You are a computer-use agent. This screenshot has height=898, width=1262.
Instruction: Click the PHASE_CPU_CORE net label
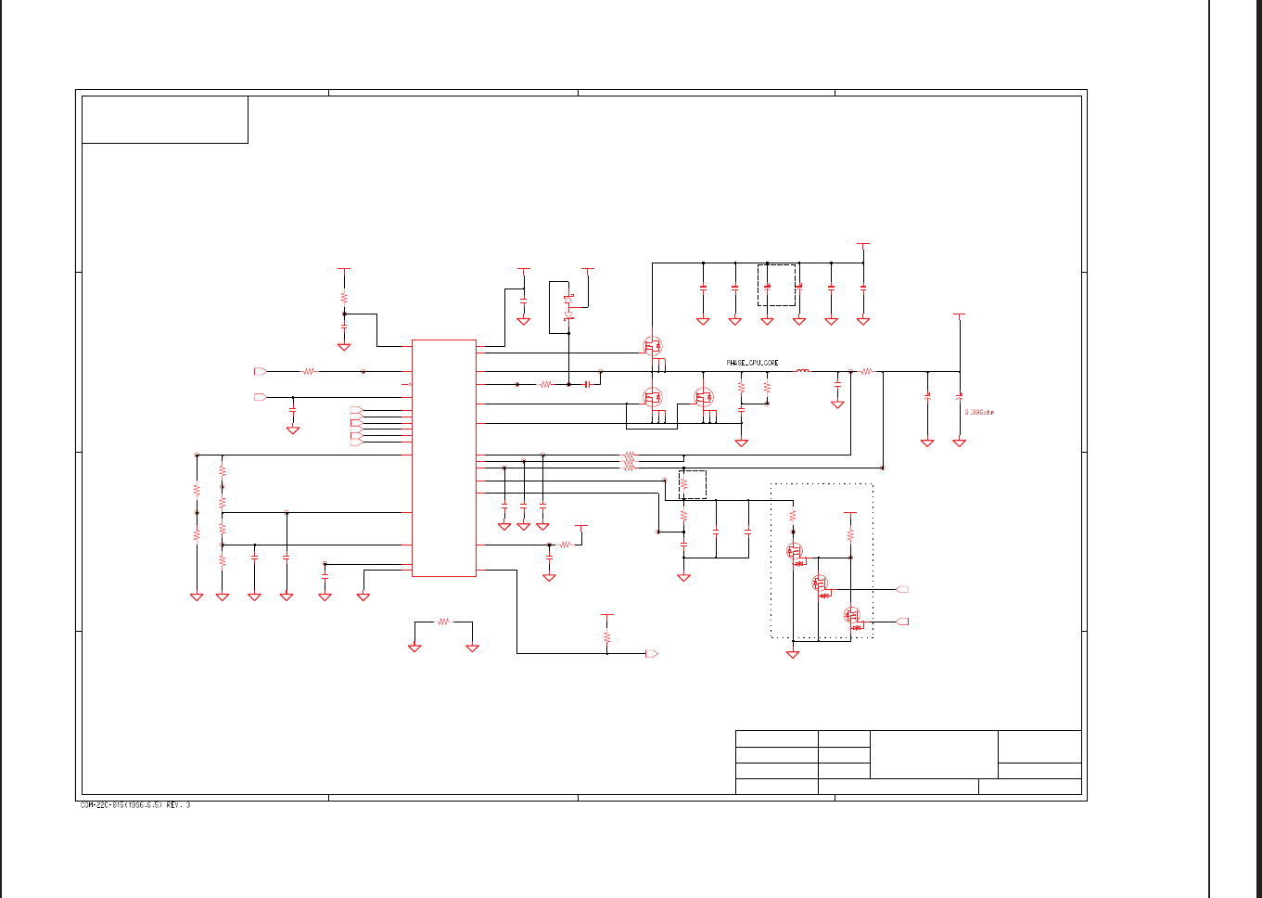coord(752,363)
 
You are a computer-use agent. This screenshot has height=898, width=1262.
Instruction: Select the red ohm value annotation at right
coord(979,412)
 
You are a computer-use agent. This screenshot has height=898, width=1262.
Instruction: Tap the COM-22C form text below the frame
coord(135,805)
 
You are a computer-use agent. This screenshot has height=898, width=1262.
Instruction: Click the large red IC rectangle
coord(444,457)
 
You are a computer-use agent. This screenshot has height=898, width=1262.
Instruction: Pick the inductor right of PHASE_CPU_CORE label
coord(802,371)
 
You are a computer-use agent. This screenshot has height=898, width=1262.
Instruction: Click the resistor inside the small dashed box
coord(684,484)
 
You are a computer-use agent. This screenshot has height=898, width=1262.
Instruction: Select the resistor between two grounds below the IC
coord(443,622)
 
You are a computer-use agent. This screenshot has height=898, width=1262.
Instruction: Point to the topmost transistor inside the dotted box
coord(795,552)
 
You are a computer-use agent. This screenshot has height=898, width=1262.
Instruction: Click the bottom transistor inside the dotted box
coord(852,615)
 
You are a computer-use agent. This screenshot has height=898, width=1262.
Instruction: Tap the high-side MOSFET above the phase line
coord(653,347)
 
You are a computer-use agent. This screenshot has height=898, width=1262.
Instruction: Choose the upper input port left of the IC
coord(261,371)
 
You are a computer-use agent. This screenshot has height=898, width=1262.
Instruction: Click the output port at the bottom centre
coord(652,654)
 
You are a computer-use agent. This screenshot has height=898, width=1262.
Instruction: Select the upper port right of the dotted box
coord(903,589)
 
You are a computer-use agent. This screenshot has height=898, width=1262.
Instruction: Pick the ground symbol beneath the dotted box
coord(793,654)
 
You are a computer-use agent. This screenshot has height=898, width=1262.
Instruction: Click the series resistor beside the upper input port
coord(309,371)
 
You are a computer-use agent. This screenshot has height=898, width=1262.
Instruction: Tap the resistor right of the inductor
coord(867,371)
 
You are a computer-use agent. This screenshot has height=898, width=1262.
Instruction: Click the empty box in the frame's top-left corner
coord(165,120)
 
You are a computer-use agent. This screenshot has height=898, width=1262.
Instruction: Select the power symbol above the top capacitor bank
coord(863,246)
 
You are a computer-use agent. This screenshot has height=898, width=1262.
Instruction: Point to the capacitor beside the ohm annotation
coord(960,396)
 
